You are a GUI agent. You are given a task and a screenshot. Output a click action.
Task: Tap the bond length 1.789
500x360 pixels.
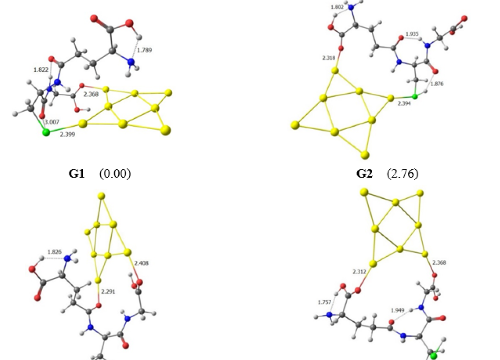pos(144,50)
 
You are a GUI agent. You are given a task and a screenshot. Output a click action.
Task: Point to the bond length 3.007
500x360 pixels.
pos(53,122)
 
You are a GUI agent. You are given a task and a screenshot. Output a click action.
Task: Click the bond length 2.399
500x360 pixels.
pos(67,133)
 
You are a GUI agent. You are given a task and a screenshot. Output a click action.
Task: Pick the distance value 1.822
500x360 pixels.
pos(41,70)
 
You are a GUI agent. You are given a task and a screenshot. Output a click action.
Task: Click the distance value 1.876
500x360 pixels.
pos(437,84)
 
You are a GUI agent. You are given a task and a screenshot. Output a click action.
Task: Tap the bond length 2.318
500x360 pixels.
pos(330,58)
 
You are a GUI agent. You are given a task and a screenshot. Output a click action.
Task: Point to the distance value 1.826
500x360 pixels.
pos(54,252)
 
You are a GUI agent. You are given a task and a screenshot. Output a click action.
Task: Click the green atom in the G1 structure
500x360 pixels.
pos(46,133)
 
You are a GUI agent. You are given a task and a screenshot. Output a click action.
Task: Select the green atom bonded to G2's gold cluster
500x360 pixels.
pos(415,97)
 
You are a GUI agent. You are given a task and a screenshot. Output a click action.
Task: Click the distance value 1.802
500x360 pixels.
pos(338,8)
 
